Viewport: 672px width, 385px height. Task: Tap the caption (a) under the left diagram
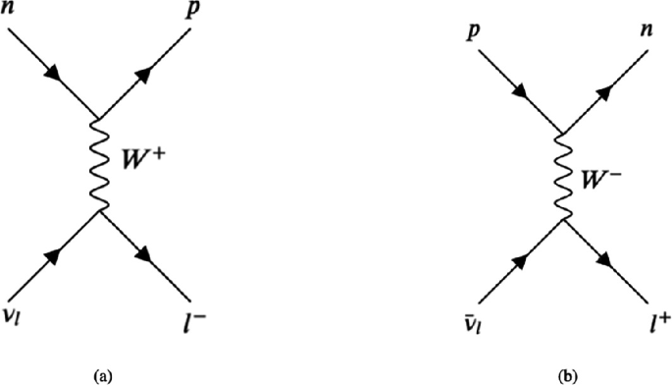98,375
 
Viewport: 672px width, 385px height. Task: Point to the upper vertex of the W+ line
96,115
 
